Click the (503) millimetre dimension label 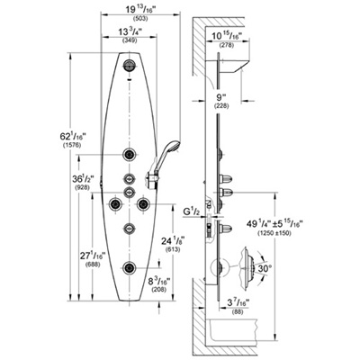tap(140, 19)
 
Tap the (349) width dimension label tap(130, 40)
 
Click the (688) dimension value tap(93, 265)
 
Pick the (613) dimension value tap(173, 249)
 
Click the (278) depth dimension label tap(227, 45)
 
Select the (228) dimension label tap(221, 105)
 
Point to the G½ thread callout tap(192, 212)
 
